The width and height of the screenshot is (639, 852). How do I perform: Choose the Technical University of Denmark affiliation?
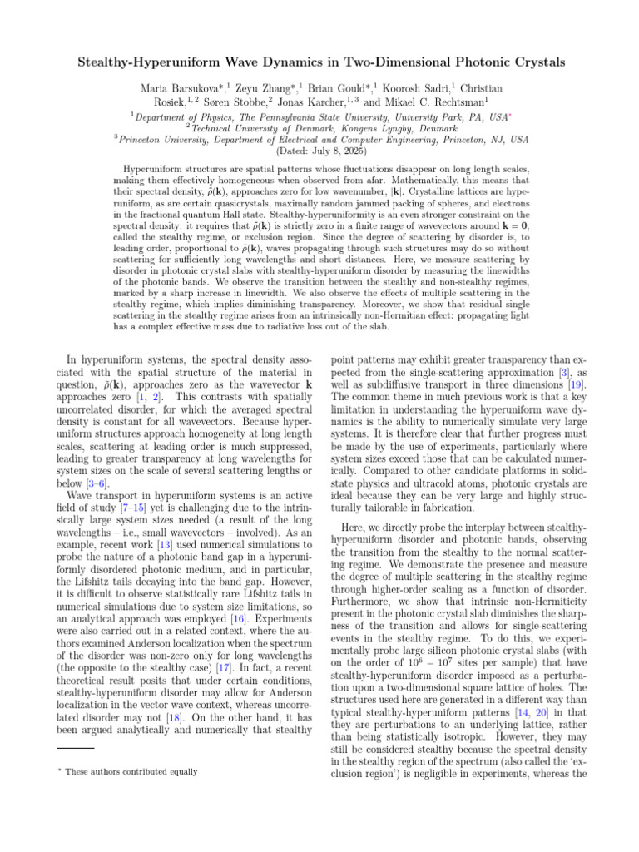(321, 129)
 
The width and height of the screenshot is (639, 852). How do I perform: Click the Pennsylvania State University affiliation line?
(334, 117)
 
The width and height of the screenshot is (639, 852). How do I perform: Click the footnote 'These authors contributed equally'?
(130, 772)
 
